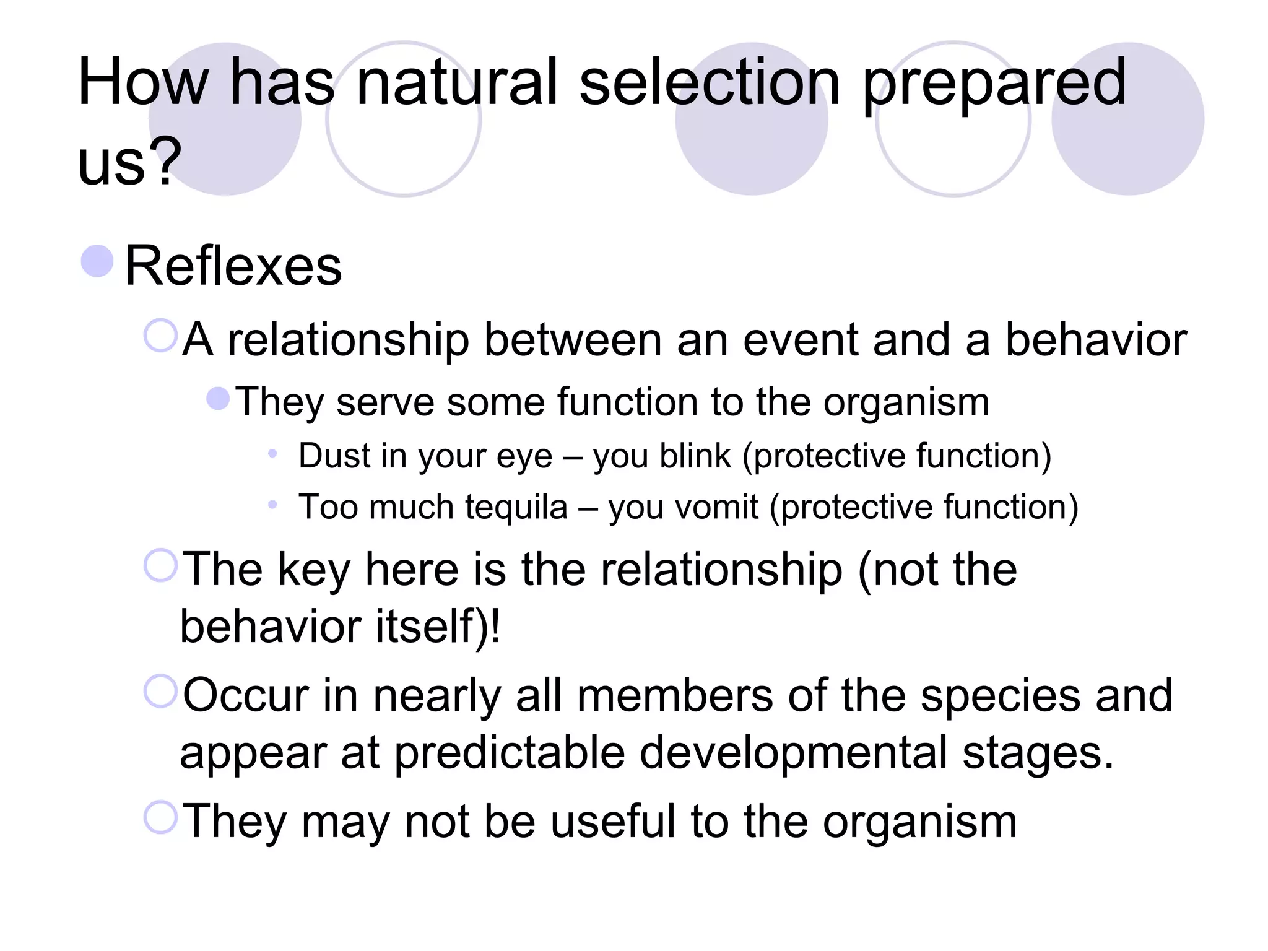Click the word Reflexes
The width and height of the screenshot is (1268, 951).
pyautogui.click(x=233, y=266)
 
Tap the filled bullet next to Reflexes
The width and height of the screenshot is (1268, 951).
pyautogui.click(x=97, y=261)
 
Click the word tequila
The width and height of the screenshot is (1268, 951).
pyautogui.click(x=516, y=507)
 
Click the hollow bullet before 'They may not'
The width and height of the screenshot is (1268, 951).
pyautogui.click(x=161, y=817)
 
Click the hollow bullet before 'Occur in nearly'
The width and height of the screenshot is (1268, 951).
pyautogui.click(x=161, y=692)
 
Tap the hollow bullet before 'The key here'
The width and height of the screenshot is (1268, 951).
pyautogui.click(x=161, y=565)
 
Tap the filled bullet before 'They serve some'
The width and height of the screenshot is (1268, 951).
pyautogui.click(x=218, y=399)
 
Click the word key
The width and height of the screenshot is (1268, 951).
pyautogui.click(x=314, y=570)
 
